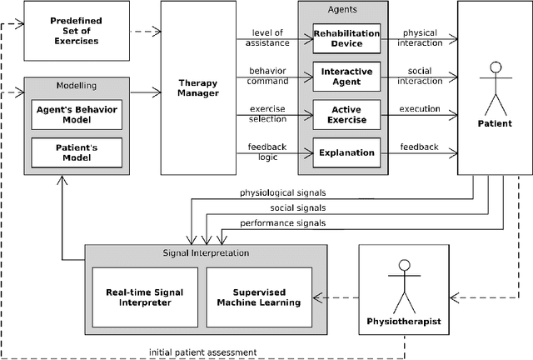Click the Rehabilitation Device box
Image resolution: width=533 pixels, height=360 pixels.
[345, 38]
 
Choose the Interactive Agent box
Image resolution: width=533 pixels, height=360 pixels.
[345, 77]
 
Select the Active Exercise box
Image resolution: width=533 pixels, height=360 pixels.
[345, 114]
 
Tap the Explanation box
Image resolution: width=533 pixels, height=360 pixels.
[345, 152]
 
